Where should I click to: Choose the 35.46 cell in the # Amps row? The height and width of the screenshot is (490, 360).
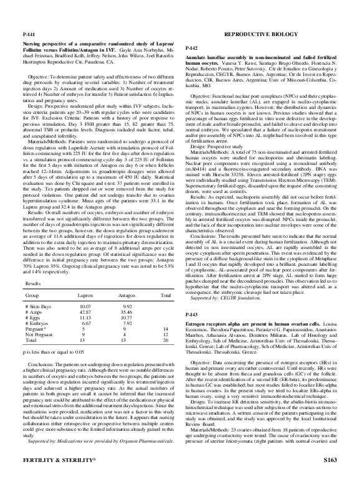tap(128, 295)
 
